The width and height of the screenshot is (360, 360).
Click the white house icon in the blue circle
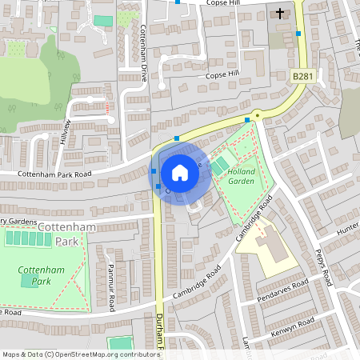tap(180, 172)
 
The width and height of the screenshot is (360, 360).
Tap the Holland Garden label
tap(240, 176)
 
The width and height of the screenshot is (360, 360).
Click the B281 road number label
tap(301, 76)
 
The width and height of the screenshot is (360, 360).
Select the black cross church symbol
tap(280, 13)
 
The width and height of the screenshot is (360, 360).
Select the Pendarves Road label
tap(282, 292)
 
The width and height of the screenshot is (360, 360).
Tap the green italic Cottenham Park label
tap(35, 275)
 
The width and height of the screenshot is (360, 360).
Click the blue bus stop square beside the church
tap(298, 34)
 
